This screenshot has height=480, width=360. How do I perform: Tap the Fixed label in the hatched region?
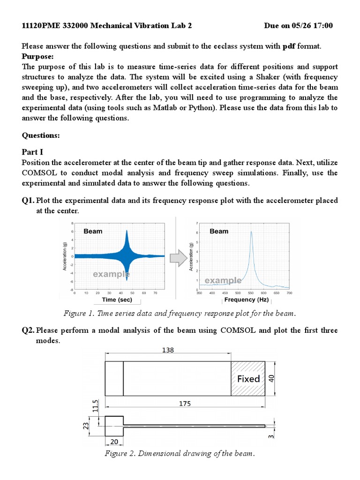tap(248, 378)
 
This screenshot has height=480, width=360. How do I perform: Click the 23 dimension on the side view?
tap(86, 426)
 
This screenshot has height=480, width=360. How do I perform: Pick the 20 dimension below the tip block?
tap(113, 442)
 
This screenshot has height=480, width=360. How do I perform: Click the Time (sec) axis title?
tap(117, 300)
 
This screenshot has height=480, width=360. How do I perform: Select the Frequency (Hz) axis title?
tap(246, 300)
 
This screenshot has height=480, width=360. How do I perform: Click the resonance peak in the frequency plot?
tap(251, 232)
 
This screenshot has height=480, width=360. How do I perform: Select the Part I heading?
tap(32, 152)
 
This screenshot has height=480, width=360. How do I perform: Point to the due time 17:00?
tap(323, 25)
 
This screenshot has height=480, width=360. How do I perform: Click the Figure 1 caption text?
tap(180, 313)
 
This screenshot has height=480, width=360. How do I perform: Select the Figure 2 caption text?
tap(180, 453)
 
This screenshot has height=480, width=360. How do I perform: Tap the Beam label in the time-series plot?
tap(93, 231)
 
